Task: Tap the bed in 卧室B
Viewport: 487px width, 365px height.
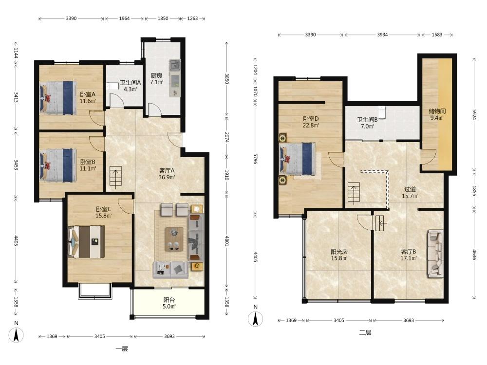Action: (x=58, y=164)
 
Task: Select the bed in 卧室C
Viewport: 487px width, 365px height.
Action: (x=86, y=241)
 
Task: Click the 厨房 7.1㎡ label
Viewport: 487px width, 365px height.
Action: (x=156, y=79)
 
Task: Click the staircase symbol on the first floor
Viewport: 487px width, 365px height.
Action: (x=115, y=178)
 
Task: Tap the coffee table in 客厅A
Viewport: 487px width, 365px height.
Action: (x=174, y=238)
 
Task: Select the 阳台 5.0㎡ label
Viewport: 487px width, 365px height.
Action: (x=169, y=303)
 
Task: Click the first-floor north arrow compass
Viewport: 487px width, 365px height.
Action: (x=16, y=333)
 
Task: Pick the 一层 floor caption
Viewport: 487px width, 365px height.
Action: (x=122, y=349)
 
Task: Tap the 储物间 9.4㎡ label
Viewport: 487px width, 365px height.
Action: (x=437, y=114)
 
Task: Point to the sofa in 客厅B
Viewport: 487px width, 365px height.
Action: (x=435, y=254)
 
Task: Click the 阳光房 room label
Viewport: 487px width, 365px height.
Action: (x=339, y=252)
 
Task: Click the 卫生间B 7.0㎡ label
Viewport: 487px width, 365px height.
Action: (x=367, y=123)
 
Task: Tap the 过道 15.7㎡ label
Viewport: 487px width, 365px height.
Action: (x=410, y=192)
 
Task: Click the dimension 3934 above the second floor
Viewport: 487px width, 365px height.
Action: (x=382, y=35)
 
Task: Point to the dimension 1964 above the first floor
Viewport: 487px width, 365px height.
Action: (x=124, y=18)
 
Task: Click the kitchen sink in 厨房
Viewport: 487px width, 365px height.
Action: (x=174, y=66)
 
